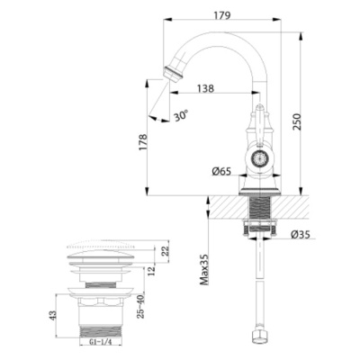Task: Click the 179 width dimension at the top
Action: (222, 15)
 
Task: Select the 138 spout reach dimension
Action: (205, 88)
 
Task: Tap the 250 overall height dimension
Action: (296, 121)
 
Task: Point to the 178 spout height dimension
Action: (143, 142)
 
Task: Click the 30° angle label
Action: (181, 115)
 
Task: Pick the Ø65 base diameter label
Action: (221, 171)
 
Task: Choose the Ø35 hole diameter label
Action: (301, 234)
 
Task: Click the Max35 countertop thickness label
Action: (204, 269)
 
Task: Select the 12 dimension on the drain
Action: (152, 270)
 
